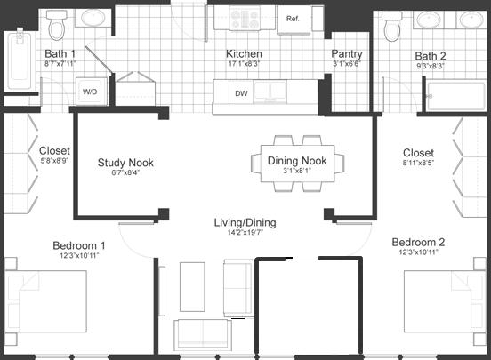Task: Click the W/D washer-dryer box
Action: pyautogui.click(x=91, y=92)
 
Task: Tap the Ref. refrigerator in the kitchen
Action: pyautogui.click(x=291, y=19)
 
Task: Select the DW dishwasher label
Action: pyautogui.click(x=241, y=92)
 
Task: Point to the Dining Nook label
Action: pyautogui.click(x=296, y=161)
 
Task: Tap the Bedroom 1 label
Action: pyautogui.click(x=77, y=245)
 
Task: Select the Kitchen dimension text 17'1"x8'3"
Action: pyautogui.click(x=244, y=64)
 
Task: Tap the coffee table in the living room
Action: pyautogui.click(x=193, y=287)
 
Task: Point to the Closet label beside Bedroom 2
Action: pyautogui.click(x=418, y=153)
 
